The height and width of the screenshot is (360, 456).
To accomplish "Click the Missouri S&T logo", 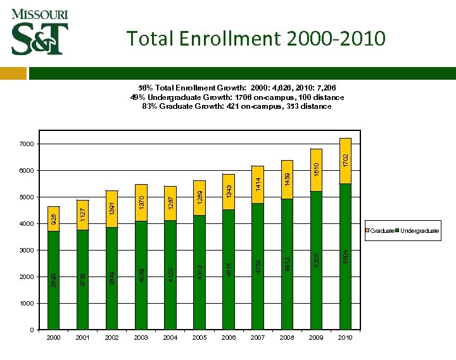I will coord(39,32).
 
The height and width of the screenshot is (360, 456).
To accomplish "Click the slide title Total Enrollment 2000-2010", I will coord(255,39).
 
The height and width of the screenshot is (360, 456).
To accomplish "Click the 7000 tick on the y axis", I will coord(25,144).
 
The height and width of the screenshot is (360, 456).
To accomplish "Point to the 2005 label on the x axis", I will coord(199,338).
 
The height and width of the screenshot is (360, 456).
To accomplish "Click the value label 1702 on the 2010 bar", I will coord(346,159).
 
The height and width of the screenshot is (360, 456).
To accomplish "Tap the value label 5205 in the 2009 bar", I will coord(317,259).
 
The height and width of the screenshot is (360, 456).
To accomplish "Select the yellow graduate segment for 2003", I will coord(141,202).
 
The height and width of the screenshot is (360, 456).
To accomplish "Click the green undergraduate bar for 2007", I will coord(258,266).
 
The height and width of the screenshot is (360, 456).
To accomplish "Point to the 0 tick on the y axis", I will coord(31,330).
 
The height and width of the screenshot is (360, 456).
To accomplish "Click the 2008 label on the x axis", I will coord(287,338).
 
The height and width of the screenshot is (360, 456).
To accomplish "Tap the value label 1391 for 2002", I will coord(112,207).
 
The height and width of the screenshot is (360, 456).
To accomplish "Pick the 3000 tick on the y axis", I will coord(25,251).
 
